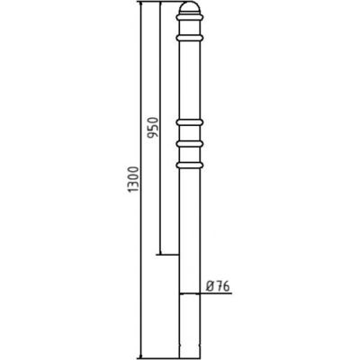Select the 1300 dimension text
pos(133,188)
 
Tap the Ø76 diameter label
pos(219,286)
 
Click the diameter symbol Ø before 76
pos(210,286)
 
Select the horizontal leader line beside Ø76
pos(216,293)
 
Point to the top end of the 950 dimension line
pos(158,4)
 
